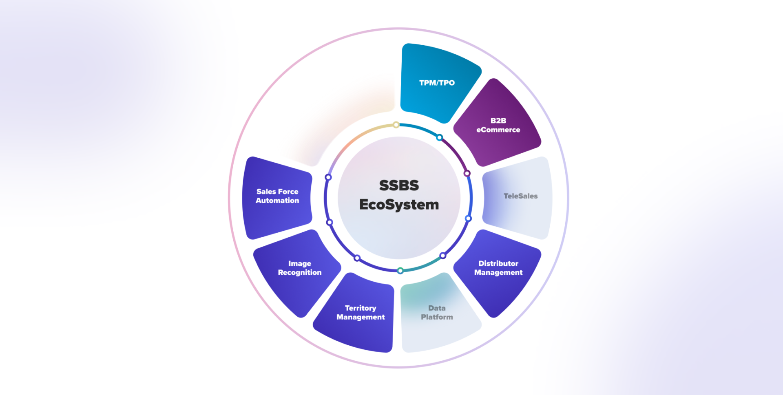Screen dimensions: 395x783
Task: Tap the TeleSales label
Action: (x=520, y=196)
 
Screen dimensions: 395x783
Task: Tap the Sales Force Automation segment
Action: (x=277, y=196)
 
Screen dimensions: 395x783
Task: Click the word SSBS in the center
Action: (x=399, y=185)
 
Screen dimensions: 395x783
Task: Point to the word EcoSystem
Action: (x=399, y=204)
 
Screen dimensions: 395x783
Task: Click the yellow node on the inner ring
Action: (x=396, y=125)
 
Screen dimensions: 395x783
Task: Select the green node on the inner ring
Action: (x=400, y=271)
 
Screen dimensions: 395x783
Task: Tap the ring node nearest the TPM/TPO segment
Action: (x=439, y=137)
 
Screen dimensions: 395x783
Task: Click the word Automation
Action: (x=277, y=201)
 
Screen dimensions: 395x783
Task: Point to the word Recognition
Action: (x=300, y=272)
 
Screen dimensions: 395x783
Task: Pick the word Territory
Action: (x=361, y=308)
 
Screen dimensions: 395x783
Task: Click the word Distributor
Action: (x=498, y=263)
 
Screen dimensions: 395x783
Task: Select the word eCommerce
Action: (x=498, y=130)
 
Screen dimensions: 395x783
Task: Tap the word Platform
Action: (x=437, y=317)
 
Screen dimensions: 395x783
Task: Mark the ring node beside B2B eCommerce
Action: (x=467, y=173)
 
